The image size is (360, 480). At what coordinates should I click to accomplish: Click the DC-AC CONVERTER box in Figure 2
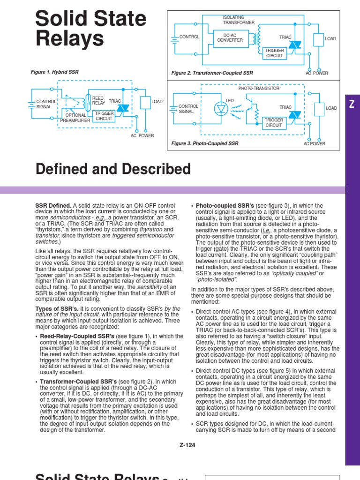point(230,37)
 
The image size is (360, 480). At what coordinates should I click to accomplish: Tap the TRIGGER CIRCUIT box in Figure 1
point(104,116)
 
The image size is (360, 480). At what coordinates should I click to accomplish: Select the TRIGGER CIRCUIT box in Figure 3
point(274,123)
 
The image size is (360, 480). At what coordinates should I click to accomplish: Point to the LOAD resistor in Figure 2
point(319,39)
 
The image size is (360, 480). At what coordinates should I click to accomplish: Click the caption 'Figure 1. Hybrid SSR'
point(55,72)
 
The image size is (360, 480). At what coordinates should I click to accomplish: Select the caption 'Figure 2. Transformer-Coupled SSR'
point(212,73)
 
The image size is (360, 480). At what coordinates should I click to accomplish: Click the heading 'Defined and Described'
point(113,169)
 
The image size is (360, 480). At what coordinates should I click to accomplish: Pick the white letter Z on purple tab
point(352,105)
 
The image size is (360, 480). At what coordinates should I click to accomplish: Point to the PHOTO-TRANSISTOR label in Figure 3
point(259,88)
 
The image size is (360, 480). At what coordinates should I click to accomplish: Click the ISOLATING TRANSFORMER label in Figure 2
point(239,20)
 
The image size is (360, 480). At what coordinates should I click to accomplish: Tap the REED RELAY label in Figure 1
point(98,100)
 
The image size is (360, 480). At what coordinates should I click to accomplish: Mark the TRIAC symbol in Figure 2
point(294,45)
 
